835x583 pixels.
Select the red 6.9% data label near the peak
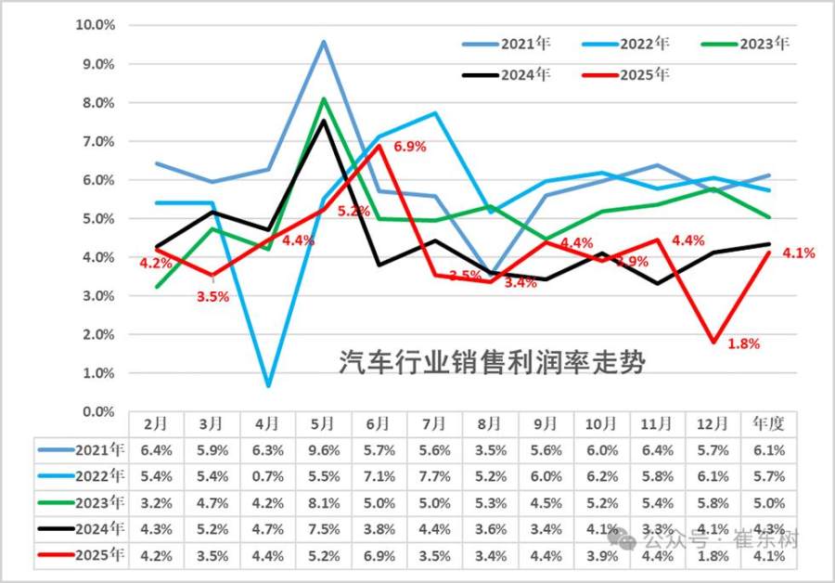coord(409,147)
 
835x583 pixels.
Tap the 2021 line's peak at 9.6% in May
coord(323,41)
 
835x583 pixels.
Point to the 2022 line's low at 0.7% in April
coord(267,385)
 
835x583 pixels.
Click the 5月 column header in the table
coord(323,424)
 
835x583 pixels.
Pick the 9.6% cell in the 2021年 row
coord(323,451)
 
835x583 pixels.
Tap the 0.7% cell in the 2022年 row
coord(267,477)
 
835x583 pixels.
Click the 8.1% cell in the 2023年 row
coord(323,504)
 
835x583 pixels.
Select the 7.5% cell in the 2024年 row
coord(323,530)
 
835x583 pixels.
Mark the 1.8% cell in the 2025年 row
coord(713,557)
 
